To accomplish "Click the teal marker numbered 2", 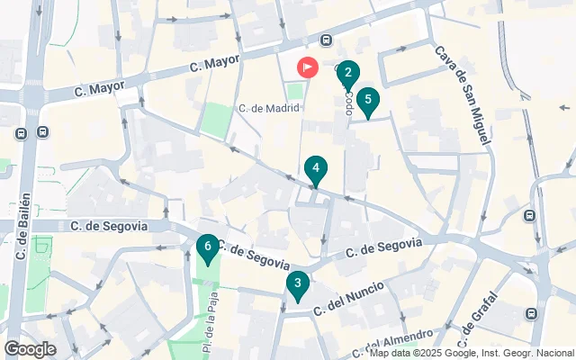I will (348, 74).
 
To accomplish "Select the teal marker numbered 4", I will (315, 169).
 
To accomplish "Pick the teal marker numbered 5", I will (366, 102).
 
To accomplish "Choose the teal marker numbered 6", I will (208, 247).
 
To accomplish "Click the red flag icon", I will (308, 67).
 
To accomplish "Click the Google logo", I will (29, 349).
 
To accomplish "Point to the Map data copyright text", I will (472, 353).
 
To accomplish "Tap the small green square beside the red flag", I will (295, 91).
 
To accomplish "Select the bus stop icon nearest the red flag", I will (326, 40).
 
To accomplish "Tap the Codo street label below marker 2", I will (347, 103).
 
